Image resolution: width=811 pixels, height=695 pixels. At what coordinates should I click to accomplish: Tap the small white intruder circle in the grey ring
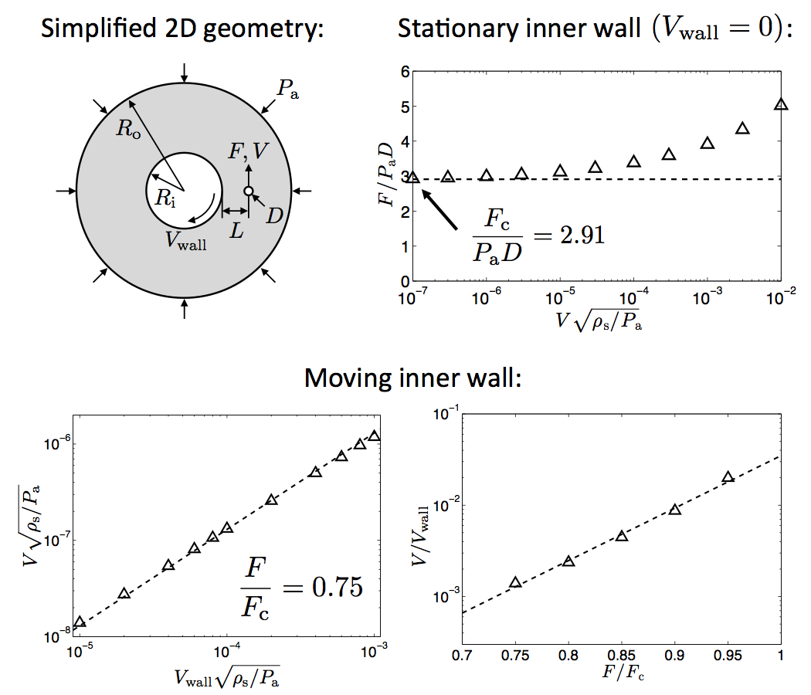(x=248, y=191)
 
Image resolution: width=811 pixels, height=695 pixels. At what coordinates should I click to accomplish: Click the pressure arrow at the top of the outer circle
(x=183, y=73)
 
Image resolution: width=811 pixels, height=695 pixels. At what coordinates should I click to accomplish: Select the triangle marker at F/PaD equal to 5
(x=781, y=104)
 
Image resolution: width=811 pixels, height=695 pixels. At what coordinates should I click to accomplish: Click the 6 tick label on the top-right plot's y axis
(x=402, y=72)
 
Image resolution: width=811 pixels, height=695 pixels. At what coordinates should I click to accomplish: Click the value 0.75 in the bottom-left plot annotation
(x=331, y=587)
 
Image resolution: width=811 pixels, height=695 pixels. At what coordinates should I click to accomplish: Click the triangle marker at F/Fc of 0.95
(x=728, y=477)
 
